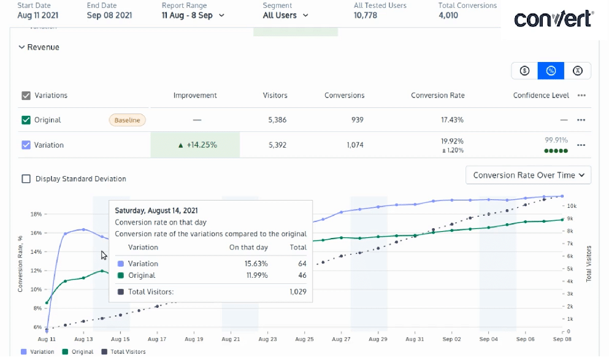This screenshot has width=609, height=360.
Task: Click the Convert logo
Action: (553, 19)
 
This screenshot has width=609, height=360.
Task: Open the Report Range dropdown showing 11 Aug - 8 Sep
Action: (193, 15)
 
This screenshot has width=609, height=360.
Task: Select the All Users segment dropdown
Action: (285, 15)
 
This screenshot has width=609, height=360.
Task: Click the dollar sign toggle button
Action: (525, 71)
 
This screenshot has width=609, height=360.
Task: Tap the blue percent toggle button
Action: (551, 71)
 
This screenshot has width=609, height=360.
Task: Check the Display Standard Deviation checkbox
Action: (26, 178)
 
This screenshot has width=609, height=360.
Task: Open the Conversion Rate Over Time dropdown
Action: (528, 175)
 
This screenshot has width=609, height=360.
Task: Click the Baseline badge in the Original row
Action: (128, 120)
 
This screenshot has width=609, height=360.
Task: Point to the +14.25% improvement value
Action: (197, 145)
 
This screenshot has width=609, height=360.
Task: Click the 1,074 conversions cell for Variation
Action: (355, 145)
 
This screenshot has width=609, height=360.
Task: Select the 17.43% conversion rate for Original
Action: (452, 120)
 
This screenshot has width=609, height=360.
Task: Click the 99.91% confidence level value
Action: (556, 140)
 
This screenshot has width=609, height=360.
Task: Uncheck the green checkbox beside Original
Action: (26, 120)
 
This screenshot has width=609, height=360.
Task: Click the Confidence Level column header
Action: (541, 96)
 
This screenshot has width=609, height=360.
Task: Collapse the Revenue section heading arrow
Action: (21, 47)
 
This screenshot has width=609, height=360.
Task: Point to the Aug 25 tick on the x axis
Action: (304, 339)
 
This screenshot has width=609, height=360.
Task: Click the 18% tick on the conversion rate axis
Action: (36, 215)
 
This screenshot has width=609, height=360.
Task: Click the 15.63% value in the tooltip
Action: (256, 264)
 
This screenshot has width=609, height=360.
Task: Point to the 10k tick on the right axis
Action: (572, 206)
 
